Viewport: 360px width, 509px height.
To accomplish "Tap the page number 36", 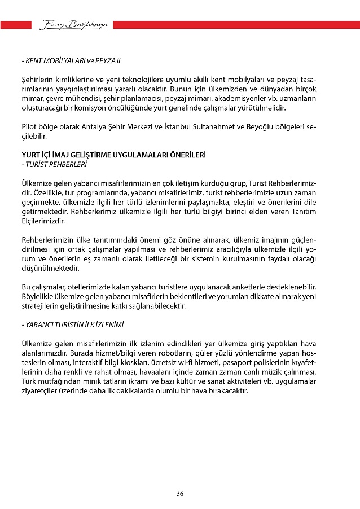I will tap(179, 494).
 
